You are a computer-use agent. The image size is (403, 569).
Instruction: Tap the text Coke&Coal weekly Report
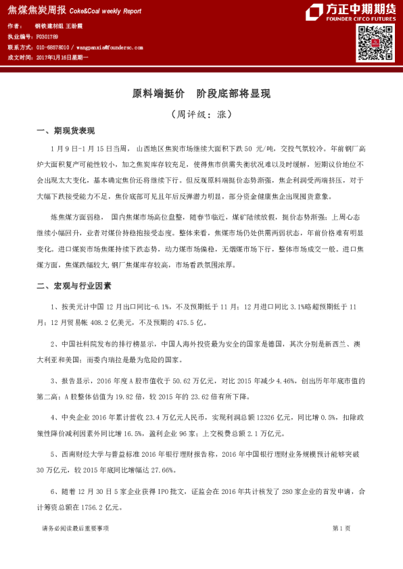(x=104, y=11)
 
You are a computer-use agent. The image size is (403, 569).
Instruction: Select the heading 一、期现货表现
(x=66, y=130)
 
